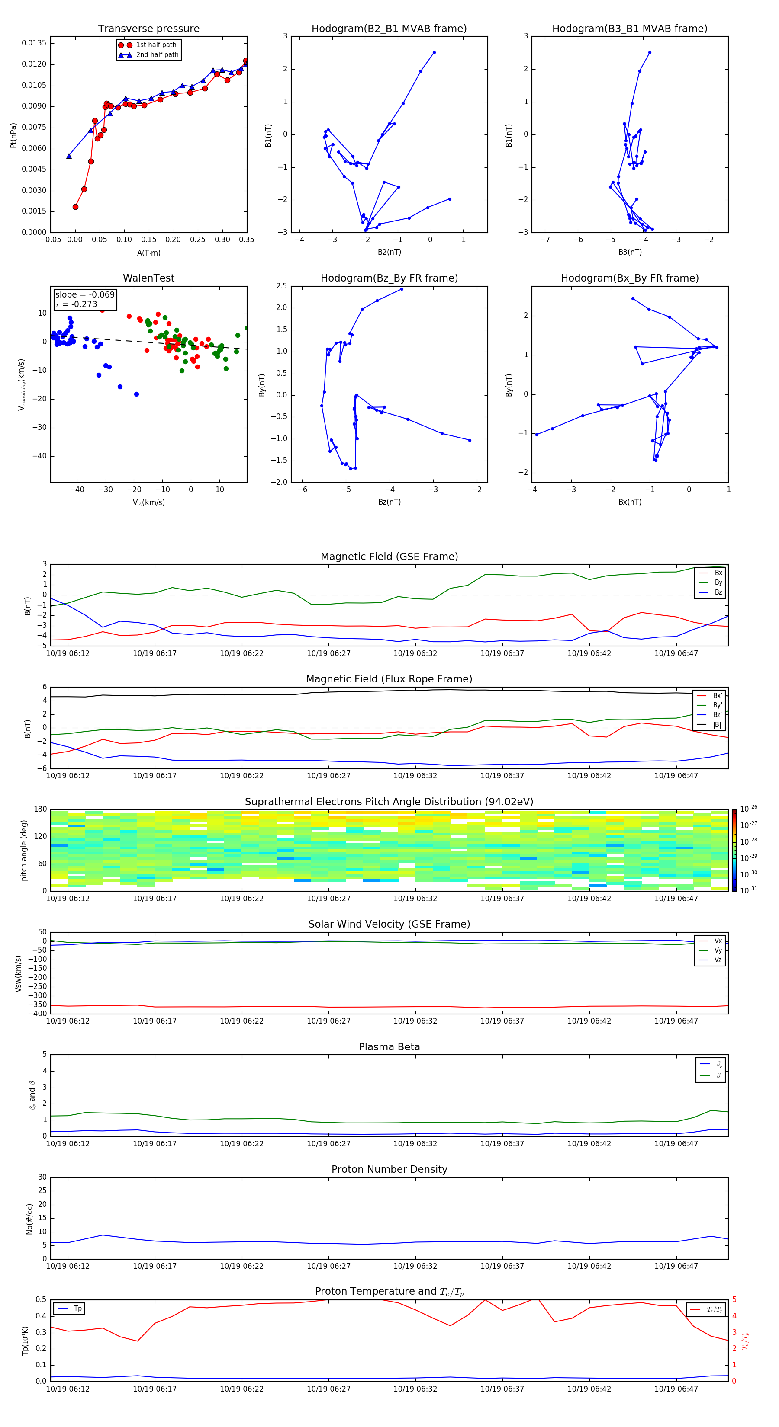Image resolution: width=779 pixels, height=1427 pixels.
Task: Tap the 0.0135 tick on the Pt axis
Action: (x=34, y=43)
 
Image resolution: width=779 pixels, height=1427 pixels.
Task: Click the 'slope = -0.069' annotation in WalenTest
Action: (x=85, y=295)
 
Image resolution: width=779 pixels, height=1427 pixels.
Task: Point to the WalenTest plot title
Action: (x=148, y=278)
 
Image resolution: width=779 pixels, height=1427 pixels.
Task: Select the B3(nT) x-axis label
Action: (x=630, y=252)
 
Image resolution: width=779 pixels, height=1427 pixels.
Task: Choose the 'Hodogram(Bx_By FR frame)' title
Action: (x=629, y=278)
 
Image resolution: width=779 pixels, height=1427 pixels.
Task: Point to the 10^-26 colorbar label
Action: (x=749, y=808)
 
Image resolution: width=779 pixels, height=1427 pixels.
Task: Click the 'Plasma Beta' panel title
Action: (x=389, y=1047)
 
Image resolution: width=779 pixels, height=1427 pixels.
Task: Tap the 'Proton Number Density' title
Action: (x=389, y=1169)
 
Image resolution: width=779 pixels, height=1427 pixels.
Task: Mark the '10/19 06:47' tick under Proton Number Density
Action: (x=676, y=1266)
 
